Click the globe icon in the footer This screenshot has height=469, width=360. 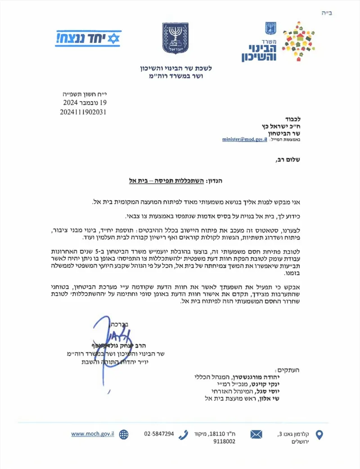(x=123, y=434)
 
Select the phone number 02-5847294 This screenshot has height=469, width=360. (x=159, y=434)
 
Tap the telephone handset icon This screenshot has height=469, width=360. (x=183, y=434)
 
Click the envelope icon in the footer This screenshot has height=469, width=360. (x=256, y=434)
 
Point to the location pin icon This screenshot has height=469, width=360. (x=319, y=435)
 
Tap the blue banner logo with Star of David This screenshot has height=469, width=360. (x=88, y=39)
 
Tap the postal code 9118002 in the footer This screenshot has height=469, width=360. (x=223, y=442)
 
